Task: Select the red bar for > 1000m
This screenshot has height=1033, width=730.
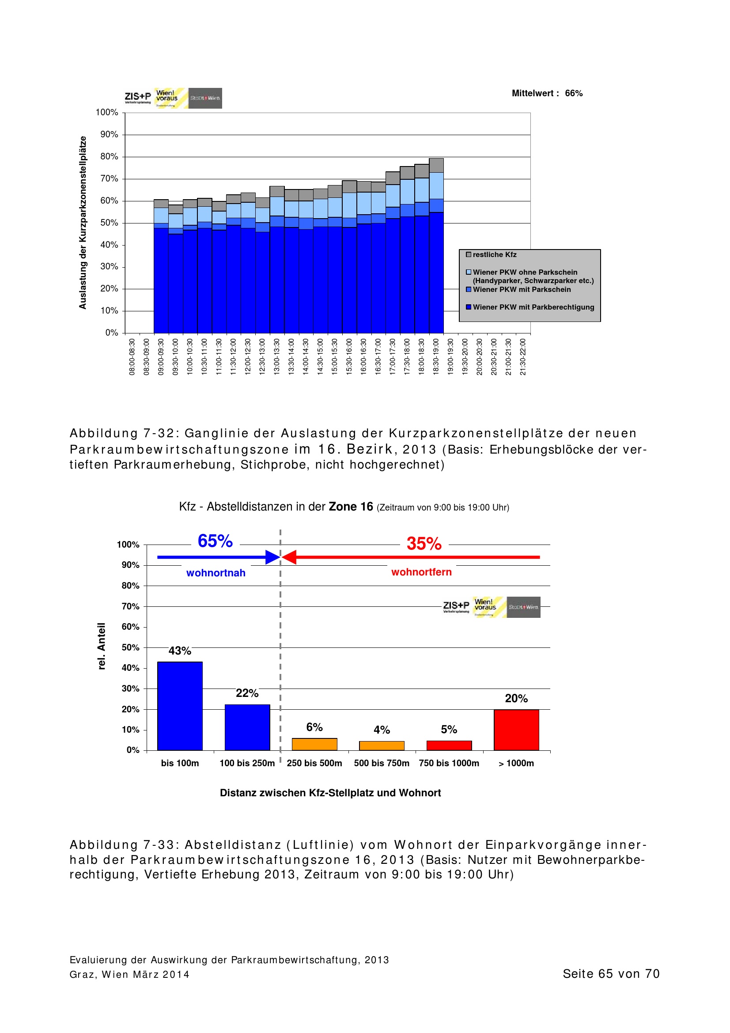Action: tap(516, 729)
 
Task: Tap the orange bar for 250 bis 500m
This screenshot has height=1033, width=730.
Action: tap(314, 744)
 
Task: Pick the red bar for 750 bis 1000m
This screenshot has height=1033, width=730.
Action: tap(448, 745)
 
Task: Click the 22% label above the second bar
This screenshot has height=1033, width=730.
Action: tap(247, 693)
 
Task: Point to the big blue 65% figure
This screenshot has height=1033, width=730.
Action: tap(215, 541)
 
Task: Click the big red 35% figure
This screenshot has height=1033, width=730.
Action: tap(424, 544)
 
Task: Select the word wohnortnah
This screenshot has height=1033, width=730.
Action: tap(216, 573)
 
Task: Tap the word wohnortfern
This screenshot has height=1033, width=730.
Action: tap(421, 572)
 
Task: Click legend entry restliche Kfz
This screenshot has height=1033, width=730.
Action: tap(494, 255)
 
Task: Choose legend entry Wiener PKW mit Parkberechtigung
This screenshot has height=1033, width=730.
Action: tap(533, 307)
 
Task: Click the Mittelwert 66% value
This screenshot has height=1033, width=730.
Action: tap(574, 93)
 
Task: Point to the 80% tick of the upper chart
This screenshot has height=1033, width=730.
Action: tap(109, 157)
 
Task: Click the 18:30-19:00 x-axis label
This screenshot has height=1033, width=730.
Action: tap(435, 357)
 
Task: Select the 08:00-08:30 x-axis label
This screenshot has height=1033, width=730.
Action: tap(132, 357)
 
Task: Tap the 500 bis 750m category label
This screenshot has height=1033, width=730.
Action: tap(382, 763)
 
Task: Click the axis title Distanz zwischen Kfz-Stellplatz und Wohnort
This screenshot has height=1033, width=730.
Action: tap(330, 793)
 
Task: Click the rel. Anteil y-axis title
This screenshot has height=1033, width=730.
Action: tap(102, 646)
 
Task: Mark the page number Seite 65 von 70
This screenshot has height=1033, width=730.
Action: tap(611, 974)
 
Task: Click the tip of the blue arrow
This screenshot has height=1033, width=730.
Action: tap(279, 557)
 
